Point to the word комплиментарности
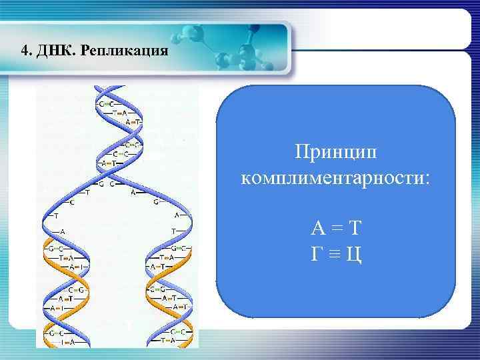(335, 179)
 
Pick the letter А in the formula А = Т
(318, 229)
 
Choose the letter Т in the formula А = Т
(355, 229)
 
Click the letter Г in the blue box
(319, 254)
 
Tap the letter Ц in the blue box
(354, 255)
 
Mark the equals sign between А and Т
(337, 229)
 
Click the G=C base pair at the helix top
(105, 104)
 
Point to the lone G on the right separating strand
(156, 201)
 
